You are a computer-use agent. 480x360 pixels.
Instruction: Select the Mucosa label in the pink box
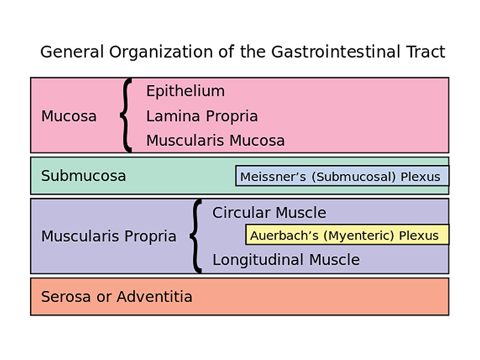pos(68,116)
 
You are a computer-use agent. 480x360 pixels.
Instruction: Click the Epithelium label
pos(185,91)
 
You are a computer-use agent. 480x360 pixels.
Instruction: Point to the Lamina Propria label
pos(202,116)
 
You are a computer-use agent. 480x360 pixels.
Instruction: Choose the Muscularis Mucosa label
pos(215,141)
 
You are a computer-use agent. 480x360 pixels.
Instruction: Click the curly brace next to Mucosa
pos(125,115)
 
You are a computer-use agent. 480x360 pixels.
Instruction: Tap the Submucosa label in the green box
pos(83,176)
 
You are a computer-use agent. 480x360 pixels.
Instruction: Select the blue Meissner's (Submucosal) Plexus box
pos(341,176)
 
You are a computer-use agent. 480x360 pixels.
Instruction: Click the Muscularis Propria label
pos(109,236)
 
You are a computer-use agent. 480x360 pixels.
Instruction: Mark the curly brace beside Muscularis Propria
pos(196,236)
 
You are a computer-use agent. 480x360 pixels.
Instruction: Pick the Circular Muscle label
pos(269,213)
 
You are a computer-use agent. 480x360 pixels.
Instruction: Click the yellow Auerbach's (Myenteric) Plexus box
pos(347,235)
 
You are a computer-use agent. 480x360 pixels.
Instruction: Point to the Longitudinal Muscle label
pos(286,260)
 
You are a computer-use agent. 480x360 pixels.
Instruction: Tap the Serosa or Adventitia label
pos(116,296)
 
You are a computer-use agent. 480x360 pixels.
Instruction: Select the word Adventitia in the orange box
pos(154,296)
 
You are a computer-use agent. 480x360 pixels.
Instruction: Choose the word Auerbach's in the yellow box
pos(284,236)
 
